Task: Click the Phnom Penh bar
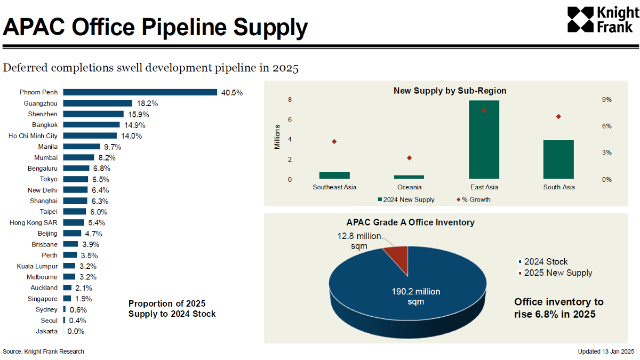click(140, 92)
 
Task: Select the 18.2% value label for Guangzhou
click(147, 103)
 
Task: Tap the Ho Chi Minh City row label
click(33, 135)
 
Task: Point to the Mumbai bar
click(78, 157)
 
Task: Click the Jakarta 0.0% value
click(76, 331)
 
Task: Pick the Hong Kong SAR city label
click(34, 222)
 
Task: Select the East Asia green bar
click(484, 139)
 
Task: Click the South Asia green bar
click(558, 159)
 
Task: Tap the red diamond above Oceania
click(409, 158)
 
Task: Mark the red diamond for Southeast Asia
click(334, 142)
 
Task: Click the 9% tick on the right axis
click(607, 99)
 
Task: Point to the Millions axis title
click(277, 137)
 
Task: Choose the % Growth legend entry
click(474, 199)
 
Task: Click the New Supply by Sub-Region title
click(450, 91)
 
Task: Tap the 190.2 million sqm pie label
click(415, 297)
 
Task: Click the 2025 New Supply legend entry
click(555, 273)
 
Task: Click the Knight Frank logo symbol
click(580, 19)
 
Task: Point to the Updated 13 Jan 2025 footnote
click(606, 351)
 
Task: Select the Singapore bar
click(67, 298)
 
